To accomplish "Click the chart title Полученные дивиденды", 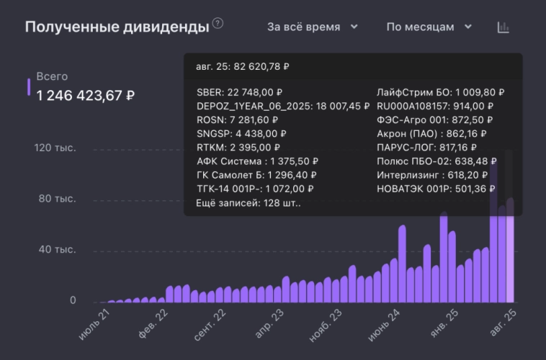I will point(117,27).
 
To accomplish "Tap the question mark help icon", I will point(218,24).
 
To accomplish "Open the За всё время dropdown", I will point(313,27).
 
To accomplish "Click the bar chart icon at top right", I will point(504,27).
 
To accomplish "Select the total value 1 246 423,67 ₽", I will point(86,95).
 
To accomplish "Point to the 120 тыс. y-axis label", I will point(54,148).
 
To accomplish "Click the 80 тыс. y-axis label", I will point(57,198).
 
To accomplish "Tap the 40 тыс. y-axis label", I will point(57,250).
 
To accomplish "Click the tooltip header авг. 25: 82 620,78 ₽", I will point(242,66).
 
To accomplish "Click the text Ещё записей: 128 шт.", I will point(249,203).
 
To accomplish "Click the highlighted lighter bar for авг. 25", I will point(510,259).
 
